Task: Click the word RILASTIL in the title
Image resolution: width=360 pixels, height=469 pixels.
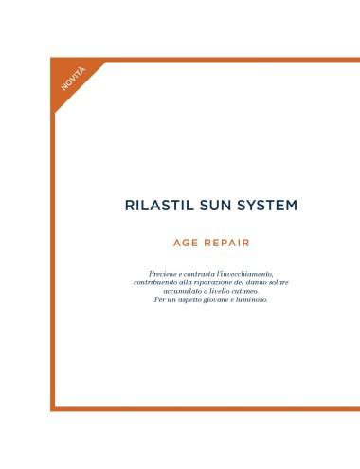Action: click(159, 206)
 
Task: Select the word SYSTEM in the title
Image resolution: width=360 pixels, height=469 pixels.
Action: click(267, 206)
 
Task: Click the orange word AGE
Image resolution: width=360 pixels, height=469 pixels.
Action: click(186, 243)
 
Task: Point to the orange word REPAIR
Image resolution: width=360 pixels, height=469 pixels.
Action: click(226, 243)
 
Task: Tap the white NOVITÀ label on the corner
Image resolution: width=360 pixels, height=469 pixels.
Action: click(73, 79)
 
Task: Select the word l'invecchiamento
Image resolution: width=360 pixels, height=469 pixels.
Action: click(247, 274)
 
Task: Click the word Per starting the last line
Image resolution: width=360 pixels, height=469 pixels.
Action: click(159, 299)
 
